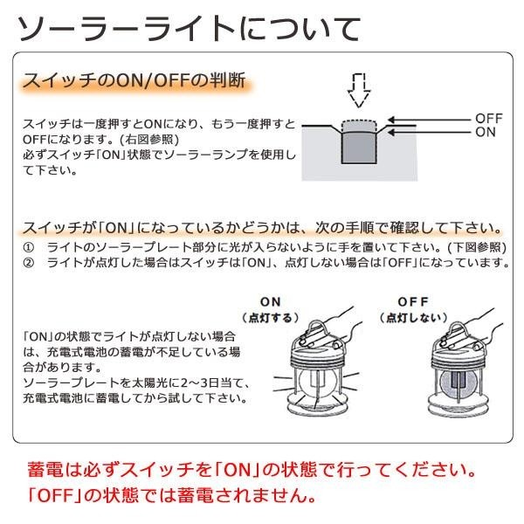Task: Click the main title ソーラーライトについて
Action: tap(190, 29)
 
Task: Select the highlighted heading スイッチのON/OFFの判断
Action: tap(135, 80)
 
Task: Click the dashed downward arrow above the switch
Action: tap(359, 90)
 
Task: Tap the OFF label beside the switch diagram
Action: tap(489, 118)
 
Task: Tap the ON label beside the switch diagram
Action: tap(486, 133)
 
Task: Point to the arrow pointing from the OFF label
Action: tap(429, 120)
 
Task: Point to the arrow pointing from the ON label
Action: tap(429, 133)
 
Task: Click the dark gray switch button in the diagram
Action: tap(359, 148)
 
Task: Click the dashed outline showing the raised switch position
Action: tap(359, 126)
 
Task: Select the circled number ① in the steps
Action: tap(29, 248)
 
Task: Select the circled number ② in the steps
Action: tap(29, 263)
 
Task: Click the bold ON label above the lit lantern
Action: tap(271, 302)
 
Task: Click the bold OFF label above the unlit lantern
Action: tap(413, 302)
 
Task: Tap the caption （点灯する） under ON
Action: tap(271, 318)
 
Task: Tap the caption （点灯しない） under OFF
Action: tap(413, 318)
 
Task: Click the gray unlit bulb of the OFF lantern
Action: tap(457, 384)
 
